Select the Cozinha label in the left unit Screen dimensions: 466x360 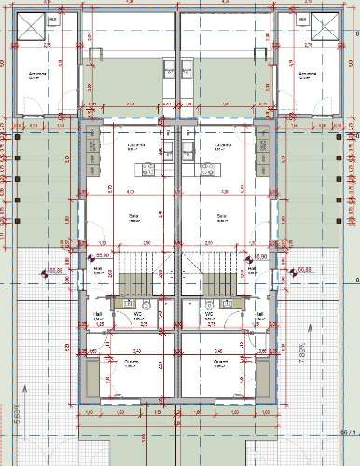pyautogui.click(x=134, y=145)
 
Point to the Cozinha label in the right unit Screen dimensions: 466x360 pyautogui.click(x=223, y=145)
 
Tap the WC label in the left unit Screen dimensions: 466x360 pyautogui.click(x=137, y=314)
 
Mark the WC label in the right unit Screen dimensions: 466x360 pyautogui.click(x=212, y=314)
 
